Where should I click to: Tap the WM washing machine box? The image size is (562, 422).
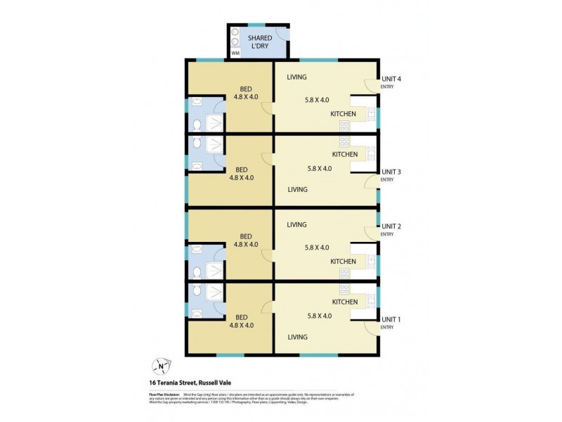(x=235, y=53)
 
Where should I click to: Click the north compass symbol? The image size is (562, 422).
(x=162, y=365)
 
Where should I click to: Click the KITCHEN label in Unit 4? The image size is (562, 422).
(x=344, y=113)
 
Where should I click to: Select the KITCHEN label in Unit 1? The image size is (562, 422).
(x=344, y=302)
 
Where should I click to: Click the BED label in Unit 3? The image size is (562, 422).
(x=241, y=169)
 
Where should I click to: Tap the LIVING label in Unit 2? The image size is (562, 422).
(x=296, y=224)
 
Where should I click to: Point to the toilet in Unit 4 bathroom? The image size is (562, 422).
(x=196, y=126)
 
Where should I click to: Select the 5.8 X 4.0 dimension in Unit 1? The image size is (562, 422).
(x=318, y=316)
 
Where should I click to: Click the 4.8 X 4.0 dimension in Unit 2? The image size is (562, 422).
(x=245, y=245)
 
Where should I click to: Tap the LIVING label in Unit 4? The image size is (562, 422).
(x=296, y=77)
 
